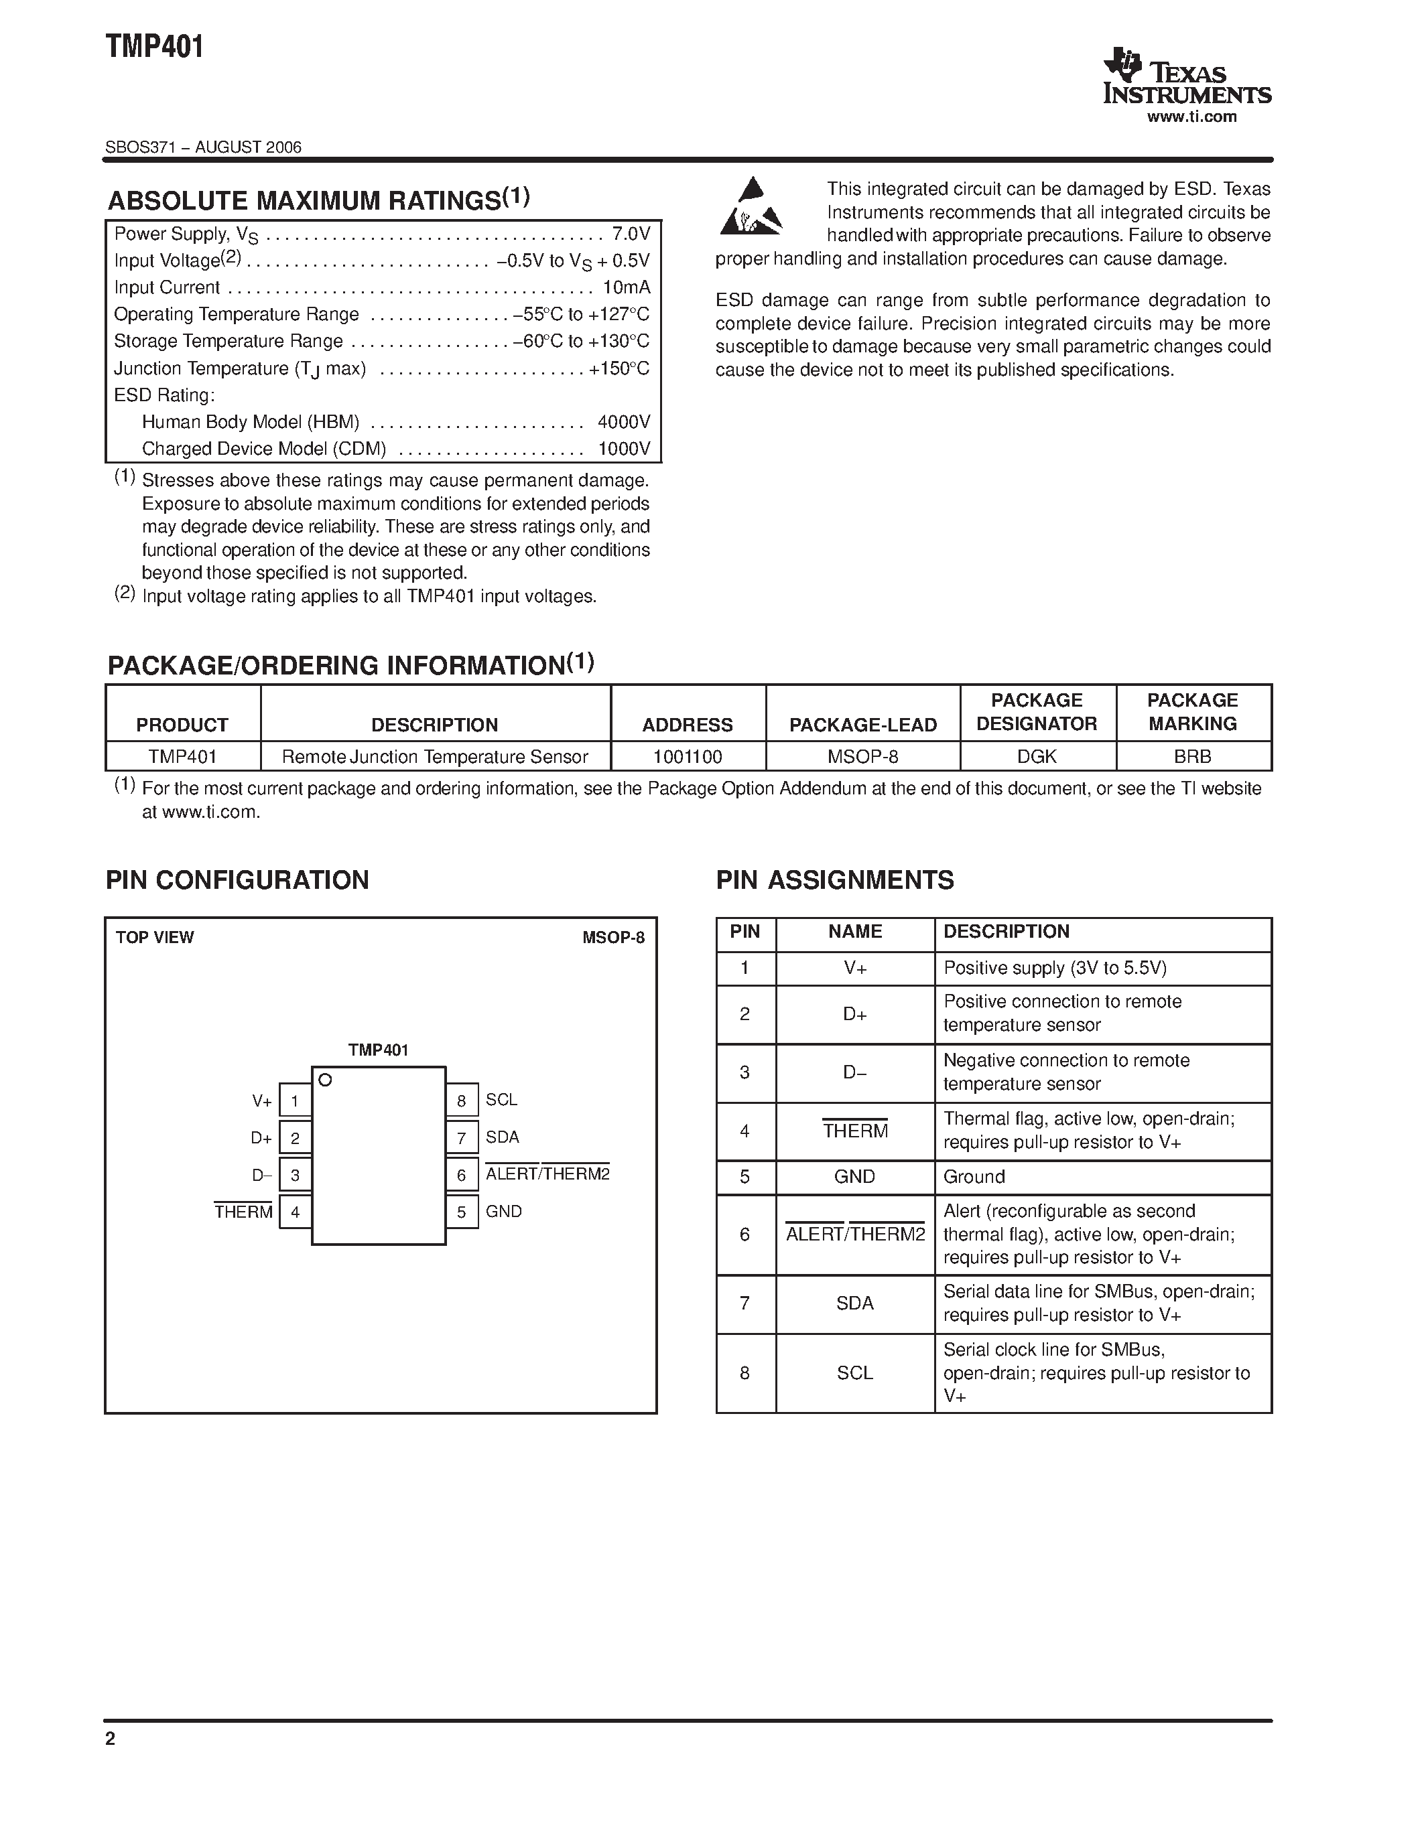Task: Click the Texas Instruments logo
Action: [x=1186, y=78]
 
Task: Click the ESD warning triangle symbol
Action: [x=750, y=206]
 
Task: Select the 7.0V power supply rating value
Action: [x=631, y=234]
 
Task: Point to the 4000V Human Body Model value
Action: [x=623, y=422]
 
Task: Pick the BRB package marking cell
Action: [x=1192, y=756]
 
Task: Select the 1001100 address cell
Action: [x=688, y=756]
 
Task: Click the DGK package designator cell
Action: [x=1037, y=756]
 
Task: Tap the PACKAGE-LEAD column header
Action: [x=862, y=725]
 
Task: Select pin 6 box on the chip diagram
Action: [x=462, y=1175]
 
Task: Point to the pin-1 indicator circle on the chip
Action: [x=325, y=1080]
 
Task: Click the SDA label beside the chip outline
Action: [x=502, y=1137]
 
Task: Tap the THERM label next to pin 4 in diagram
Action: [x=243, y=1212]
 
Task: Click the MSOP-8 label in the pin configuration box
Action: [x=612, y=937]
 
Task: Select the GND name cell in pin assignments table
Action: [x=854, y=1177]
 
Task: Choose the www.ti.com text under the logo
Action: [x=1191, y=117]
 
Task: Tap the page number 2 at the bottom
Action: [x=111, y=1738]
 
